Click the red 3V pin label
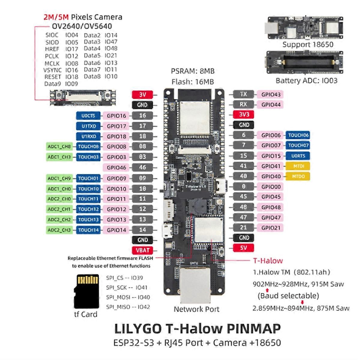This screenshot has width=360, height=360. coord(142,94)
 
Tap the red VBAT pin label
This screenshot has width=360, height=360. coord(142,250)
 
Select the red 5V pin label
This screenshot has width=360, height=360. coord(243,248)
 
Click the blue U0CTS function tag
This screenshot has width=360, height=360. coord(88,116)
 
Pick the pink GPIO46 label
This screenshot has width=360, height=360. coord(116,167)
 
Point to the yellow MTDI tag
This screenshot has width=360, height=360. coord(298,166)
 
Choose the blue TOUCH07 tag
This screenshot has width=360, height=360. coord(298,145)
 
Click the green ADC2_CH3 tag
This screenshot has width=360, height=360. coord(59,230)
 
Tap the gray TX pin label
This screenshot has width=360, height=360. coord(243,94)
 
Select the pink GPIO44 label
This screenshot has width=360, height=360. coord(271,105)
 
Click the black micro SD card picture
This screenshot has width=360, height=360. coord(86,291)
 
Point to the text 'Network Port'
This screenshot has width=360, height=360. coord(196,309)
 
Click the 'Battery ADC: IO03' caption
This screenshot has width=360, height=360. coord(306,81)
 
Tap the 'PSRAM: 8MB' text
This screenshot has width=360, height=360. coord(193,71)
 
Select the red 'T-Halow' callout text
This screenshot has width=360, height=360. coord(268,261)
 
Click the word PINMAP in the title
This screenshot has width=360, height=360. coord(253,329)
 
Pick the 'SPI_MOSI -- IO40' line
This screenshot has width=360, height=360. coord(128,297)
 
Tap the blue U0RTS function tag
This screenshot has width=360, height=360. coord(298,156)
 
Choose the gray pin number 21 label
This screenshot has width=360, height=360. coord(243,228)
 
